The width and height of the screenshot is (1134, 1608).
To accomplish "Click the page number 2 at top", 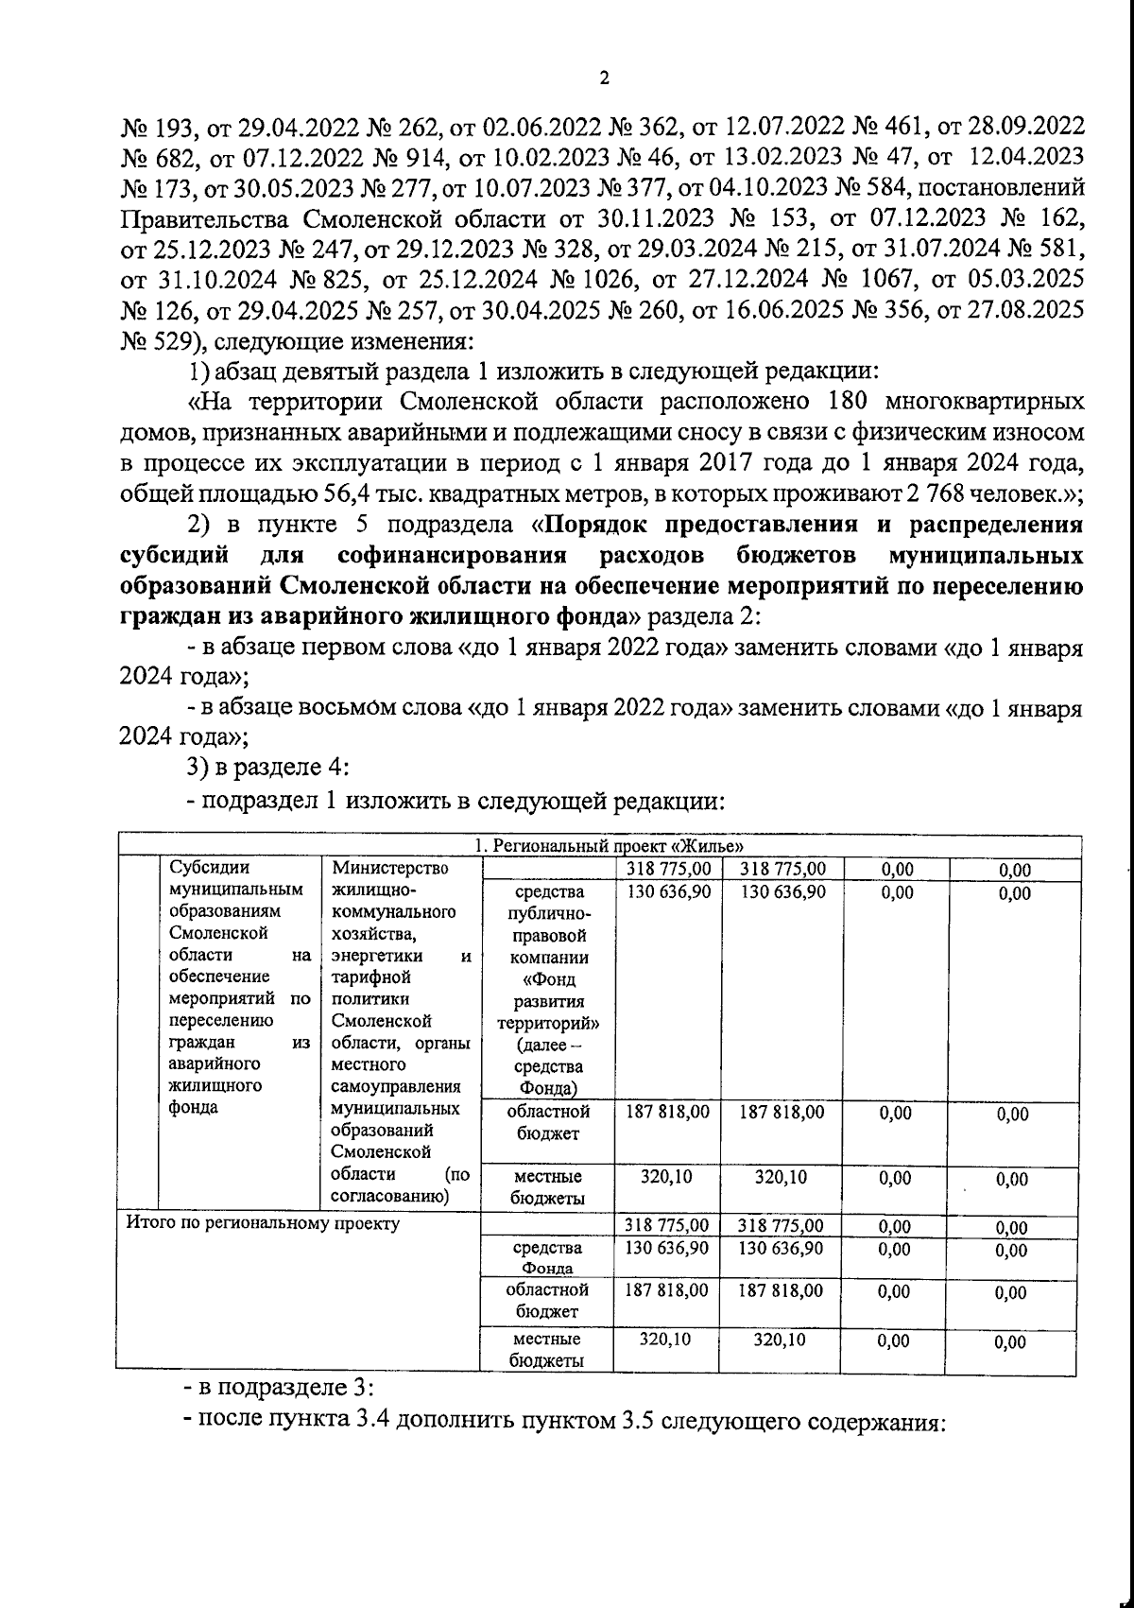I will pos(604,79).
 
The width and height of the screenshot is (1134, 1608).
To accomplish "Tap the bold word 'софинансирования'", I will pos(449,554).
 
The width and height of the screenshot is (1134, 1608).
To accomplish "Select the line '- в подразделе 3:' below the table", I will pos(278,1388).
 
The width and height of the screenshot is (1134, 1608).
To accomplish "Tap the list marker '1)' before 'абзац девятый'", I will pos(199,371).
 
